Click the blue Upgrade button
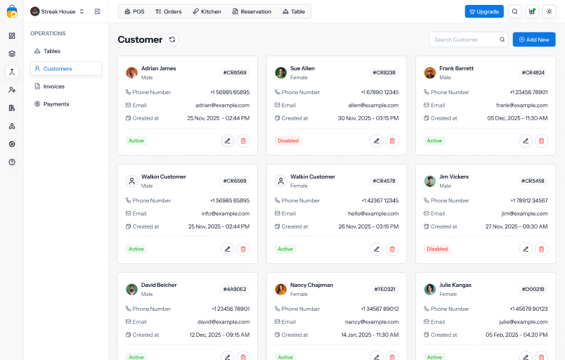pos(484,11)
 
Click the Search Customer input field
pos(465,39)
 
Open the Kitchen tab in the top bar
pos(207,11)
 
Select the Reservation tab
pos(252,11)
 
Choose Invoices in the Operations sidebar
pos(53,86)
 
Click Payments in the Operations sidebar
pos(56,104)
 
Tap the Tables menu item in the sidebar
pos(51,51)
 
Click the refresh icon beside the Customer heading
pos(172,40)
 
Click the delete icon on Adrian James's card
pos(243,141)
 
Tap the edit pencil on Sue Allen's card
pos(377,141)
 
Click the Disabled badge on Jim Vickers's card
pos(437,249)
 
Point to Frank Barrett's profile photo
pos(430,72)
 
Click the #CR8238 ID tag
pos(384,72)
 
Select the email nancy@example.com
pos(372,321)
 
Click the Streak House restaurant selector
pos(58,11)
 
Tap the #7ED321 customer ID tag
pos(384,289)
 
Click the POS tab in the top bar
pos(134,11)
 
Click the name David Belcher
pos(158,285)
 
